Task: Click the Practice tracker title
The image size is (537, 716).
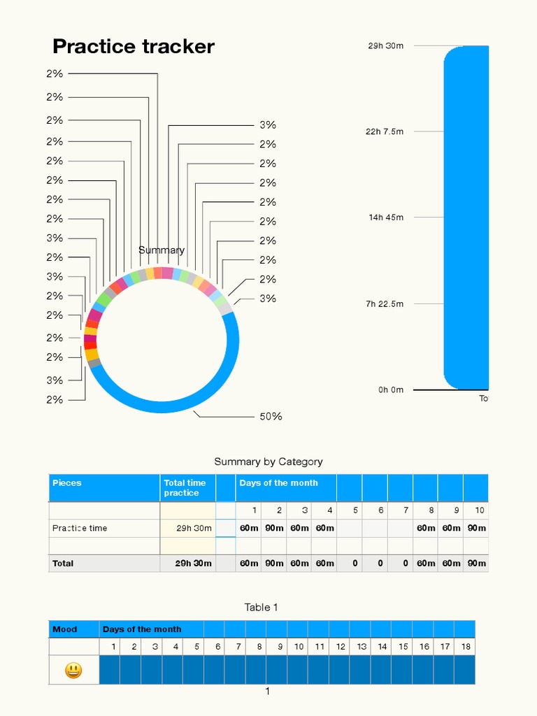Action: point(133,47)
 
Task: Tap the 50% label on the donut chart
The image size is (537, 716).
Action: point(271,417)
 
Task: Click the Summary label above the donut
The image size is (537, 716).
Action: point(162,250)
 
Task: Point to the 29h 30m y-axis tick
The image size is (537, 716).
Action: point(386,46)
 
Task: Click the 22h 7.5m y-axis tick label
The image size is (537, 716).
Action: point(385,131)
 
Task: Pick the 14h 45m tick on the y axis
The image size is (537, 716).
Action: point(386,217)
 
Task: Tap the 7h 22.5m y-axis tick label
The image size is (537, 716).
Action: point(385,304)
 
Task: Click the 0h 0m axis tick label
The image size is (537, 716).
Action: point(391,390)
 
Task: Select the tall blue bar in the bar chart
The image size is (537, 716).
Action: point(466,217)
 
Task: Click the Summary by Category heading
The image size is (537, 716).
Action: point(268,461)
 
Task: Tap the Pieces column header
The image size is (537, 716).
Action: point(67,483)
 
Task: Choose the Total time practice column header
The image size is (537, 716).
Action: point(185,488)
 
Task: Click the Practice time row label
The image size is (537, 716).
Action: point(80,528)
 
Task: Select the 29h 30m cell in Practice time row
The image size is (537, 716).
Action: point(194,528)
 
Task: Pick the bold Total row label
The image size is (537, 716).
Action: point(63,563)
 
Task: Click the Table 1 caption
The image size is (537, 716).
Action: point(261,607)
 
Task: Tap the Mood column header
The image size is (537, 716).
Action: point(65,629)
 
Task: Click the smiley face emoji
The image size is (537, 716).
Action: point(73,671)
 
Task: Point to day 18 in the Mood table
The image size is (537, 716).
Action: point(465,647)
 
